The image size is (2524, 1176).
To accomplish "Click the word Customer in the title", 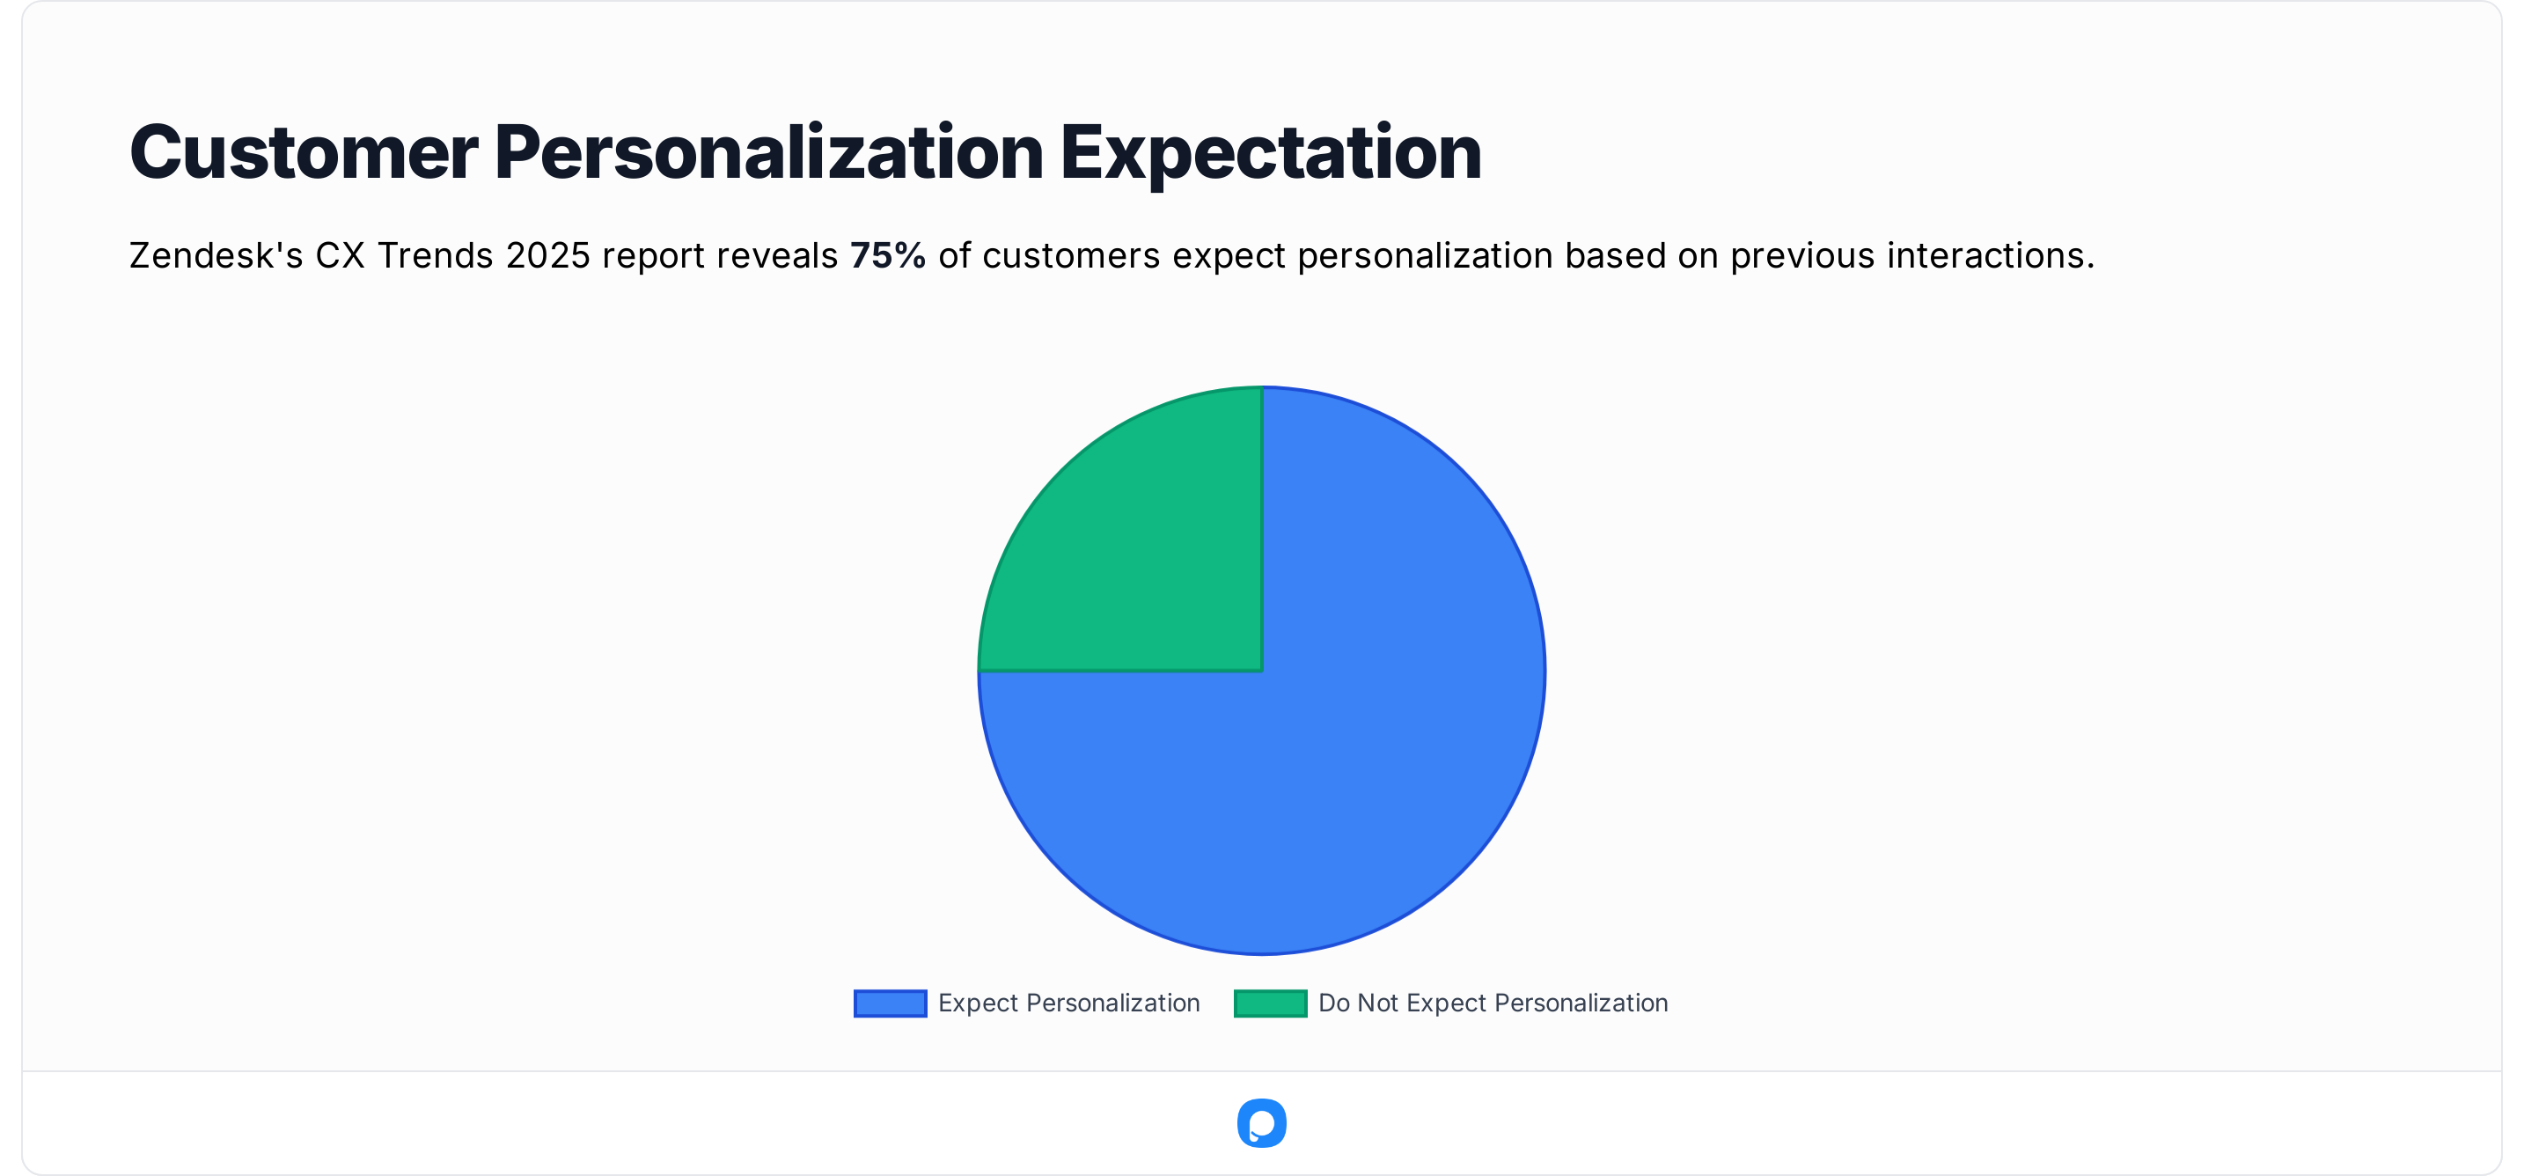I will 304,153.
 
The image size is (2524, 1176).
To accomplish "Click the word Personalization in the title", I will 769,153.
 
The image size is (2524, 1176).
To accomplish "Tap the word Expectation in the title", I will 1271,153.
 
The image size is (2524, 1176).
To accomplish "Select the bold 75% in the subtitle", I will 888,256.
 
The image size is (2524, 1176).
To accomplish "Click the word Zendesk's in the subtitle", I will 216,256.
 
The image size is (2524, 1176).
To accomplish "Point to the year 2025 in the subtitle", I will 547,256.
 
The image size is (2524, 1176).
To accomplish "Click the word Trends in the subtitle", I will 435,256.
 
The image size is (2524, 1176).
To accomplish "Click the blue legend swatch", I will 890,1003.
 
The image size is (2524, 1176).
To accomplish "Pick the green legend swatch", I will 1270,1003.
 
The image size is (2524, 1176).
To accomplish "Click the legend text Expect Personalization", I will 1068,1003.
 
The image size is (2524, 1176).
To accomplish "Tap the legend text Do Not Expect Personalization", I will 1493,1003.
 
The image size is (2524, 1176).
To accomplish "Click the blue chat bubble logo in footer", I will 1262,1123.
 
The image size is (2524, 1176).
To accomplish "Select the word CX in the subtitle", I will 339,256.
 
